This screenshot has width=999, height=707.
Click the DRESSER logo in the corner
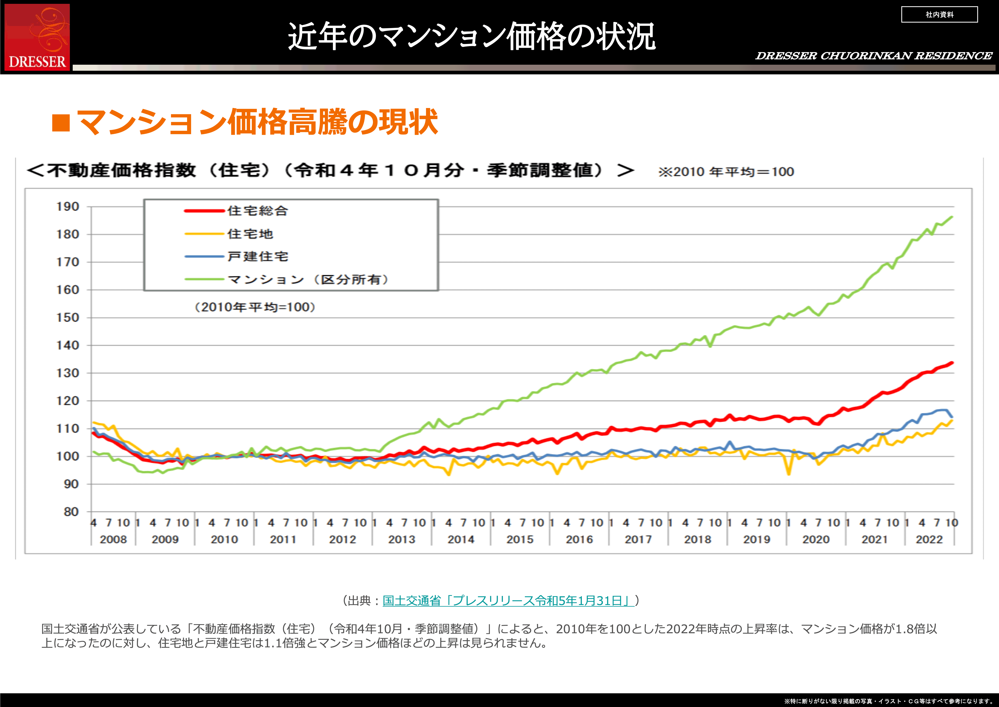[37, 37]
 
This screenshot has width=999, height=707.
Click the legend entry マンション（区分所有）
[308, 280]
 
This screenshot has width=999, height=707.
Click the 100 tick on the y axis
[68, 456]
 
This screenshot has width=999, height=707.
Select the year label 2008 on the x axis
[113, 539]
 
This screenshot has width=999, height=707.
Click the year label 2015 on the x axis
[520, 539]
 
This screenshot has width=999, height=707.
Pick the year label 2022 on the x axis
[929, 539]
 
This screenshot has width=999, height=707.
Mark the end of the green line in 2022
[952, 217]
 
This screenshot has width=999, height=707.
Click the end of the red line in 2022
[952, 363]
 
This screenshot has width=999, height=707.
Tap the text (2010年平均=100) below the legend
[255, 307]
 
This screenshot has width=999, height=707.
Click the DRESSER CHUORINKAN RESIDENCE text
[874, 56]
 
